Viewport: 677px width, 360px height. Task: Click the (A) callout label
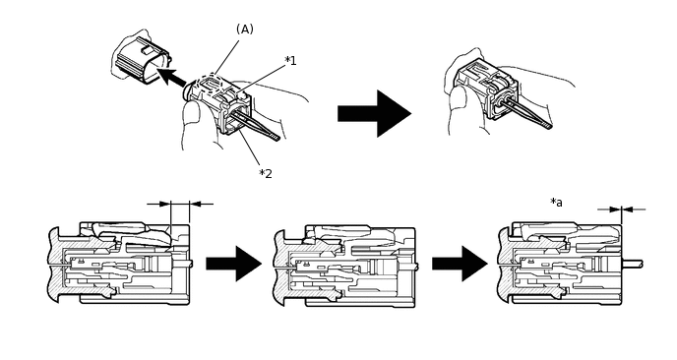245,30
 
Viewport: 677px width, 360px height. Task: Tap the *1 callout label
290,61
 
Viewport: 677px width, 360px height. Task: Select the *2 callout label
266,173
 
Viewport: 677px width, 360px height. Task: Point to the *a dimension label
557,202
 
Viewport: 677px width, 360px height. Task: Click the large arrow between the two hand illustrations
374,113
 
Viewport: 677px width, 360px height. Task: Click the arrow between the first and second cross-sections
234,264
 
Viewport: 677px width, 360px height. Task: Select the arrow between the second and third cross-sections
461,264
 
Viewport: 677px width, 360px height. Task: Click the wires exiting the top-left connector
256,124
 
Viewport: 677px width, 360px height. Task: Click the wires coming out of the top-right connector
527,113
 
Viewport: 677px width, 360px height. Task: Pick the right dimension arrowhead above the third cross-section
628,210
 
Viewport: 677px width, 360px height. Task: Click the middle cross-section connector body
344,266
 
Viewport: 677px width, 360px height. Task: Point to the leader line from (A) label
226,58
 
